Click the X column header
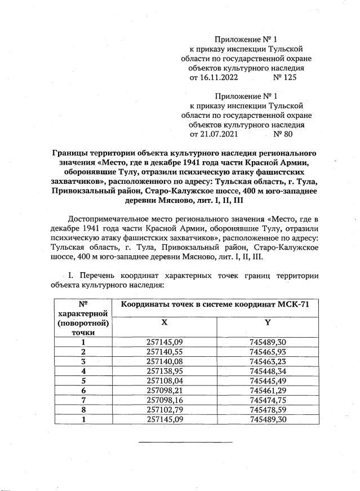[164, 322]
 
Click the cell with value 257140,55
[164, 351]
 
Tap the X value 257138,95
[164, 371]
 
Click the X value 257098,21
[164, 390]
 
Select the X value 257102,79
[164, 410]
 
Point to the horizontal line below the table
[185, 441]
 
